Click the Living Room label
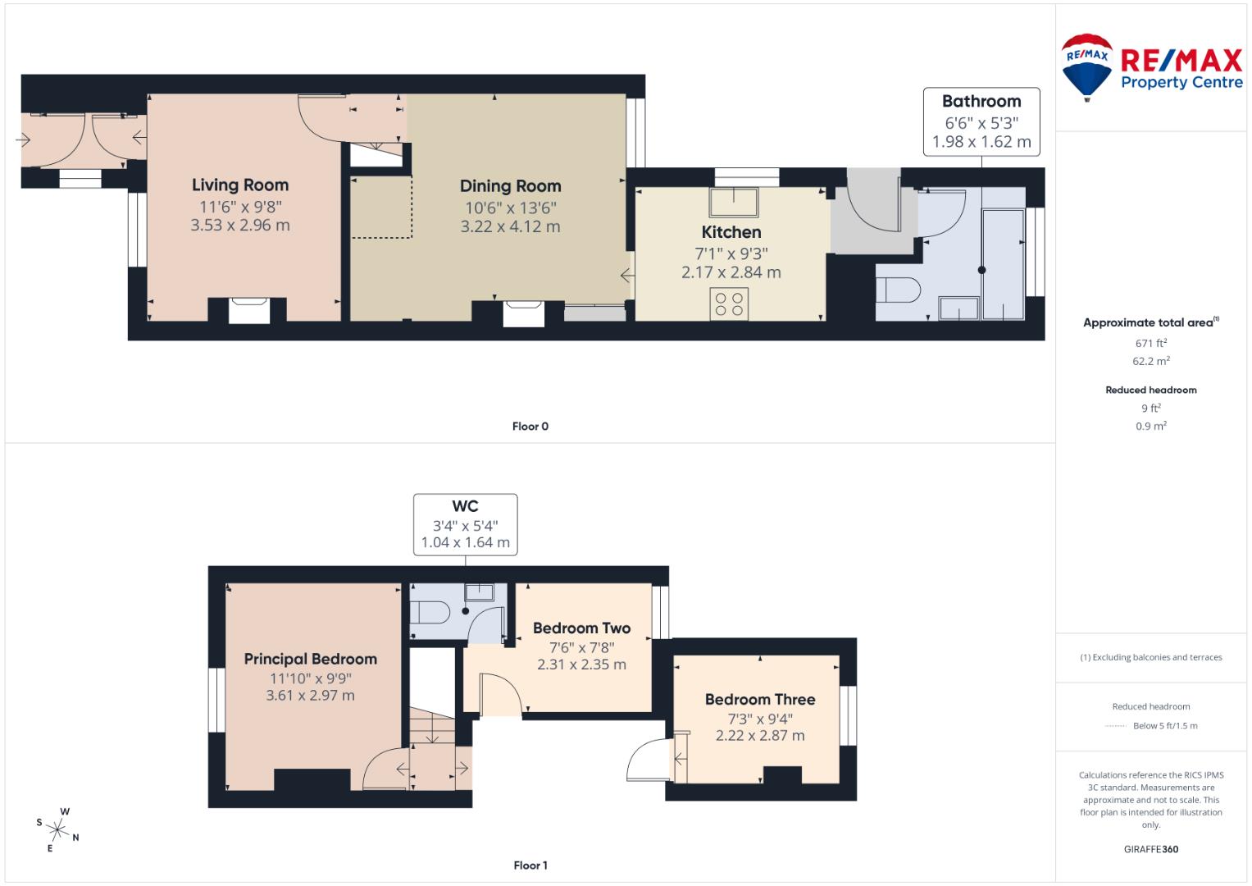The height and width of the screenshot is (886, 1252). pos(240,185)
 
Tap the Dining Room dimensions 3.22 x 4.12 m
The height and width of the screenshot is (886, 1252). pos(510,226)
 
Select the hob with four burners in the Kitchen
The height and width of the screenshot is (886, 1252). pos(729,304)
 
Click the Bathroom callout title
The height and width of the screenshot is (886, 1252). pos(981,102)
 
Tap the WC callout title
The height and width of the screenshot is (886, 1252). pos(465,507)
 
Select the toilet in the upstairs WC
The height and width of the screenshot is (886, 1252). pos(430,612)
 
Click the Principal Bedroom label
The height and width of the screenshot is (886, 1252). pos(311,659)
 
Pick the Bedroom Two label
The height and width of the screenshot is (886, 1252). pos(581,628)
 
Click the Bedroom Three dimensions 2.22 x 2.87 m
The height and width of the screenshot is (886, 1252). pos(760,736)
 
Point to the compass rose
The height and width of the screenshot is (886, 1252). pos(59,829)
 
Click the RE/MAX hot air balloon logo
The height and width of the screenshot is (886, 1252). pos(1086,66)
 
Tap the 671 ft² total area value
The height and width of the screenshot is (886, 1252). pos(1151,343)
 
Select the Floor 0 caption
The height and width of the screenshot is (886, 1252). pos(530,427)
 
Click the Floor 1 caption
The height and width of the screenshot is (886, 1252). pos(530,865)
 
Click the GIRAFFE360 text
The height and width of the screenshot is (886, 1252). pos(1151,849)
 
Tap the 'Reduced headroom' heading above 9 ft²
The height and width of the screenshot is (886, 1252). pos(1151,390)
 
